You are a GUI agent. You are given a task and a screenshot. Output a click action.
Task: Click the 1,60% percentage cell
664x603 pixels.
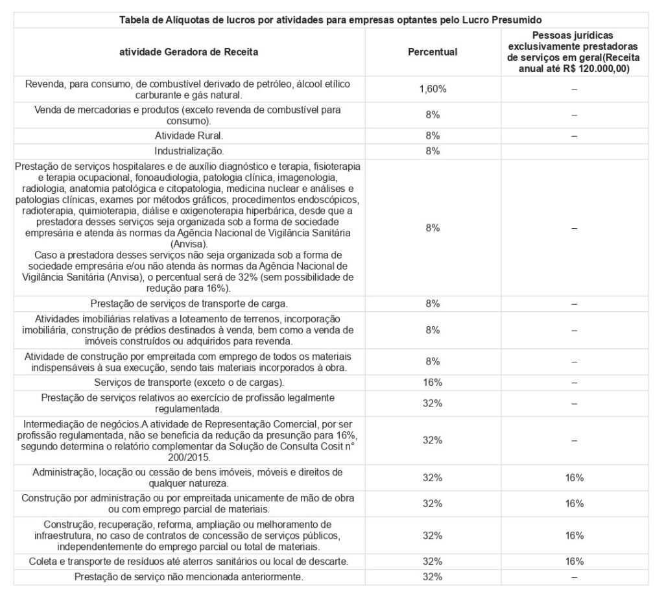[433, 89]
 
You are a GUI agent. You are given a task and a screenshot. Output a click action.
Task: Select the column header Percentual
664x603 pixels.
[433, 52]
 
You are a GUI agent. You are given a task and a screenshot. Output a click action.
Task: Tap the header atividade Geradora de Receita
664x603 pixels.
[189, 52]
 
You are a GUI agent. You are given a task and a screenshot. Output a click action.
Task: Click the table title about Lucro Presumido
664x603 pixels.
[331, 19]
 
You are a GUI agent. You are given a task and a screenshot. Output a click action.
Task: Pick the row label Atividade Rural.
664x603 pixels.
[189, 136]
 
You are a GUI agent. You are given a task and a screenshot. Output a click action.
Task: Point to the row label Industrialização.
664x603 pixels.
[189, 151]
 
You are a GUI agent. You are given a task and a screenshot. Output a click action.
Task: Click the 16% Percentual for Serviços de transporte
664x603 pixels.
[433, 382]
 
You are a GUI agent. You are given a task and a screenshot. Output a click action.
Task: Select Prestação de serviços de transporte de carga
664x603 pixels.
[189, 303]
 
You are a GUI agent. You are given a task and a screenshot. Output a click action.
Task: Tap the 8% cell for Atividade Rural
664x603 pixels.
[433, 136]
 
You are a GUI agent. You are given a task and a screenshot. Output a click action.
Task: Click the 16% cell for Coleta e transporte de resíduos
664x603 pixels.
[574, 561]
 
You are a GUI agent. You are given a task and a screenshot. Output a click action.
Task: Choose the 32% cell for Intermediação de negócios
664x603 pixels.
[433, 440]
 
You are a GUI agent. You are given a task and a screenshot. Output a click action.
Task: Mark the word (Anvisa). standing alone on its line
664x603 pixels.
[189, 244]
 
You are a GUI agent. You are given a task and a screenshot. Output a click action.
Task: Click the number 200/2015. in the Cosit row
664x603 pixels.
[189, 456]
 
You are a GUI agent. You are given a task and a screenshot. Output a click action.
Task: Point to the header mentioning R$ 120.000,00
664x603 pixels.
[574, 52]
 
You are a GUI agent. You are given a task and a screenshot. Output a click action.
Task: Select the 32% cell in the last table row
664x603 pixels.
[433, 576]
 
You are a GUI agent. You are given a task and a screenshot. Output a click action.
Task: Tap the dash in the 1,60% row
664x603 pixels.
[574, 89]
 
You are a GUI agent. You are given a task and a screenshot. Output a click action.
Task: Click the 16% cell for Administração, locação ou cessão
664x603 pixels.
[574, 478]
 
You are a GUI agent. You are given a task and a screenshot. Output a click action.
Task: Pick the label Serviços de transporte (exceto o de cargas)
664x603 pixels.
[189, 382]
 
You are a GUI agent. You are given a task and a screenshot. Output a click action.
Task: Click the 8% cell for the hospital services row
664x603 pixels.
[433, 228]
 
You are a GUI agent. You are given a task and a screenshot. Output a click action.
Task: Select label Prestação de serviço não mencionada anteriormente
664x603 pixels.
[189, 576]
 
